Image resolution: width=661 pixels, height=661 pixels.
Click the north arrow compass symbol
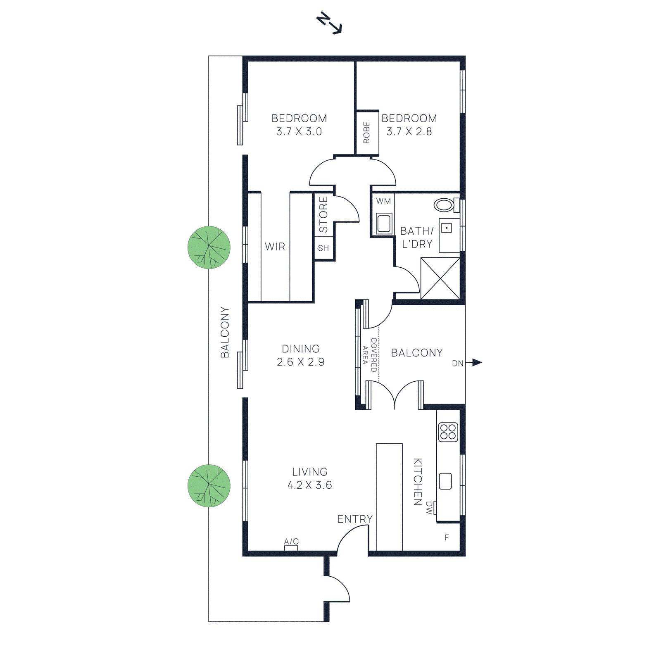[x=329, y=24]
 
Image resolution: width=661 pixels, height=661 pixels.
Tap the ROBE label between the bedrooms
[x=366, y=132]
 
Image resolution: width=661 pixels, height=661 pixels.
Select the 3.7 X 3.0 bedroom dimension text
[x=299, y=132]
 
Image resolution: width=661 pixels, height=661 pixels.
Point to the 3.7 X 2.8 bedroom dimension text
[x=409, y=132]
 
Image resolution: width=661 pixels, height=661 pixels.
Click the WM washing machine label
[x=383, y=201]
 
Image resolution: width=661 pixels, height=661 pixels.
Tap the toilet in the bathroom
[x=445, y=204]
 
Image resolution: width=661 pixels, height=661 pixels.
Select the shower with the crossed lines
[x=440, y=278]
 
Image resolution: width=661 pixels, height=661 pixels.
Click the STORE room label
[x=323, y=214]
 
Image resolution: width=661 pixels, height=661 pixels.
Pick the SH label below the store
[x=323, y=248]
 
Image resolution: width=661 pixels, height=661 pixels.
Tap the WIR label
[x=275, y=247]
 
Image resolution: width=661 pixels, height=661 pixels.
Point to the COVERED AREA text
[x=370, y=355]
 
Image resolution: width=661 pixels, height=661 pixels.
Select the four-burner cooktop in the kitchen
[x=448, y=432]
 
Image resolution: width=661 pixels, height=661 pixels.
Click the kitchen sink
[x=445, y=481]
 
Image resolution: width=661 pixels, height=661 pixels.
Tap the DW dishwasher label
[x=429, y=508]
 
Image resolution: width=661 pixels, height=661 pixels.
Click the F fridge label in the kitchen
[x=447, y=537]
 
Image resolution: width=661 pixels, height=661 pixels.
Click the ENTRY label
[x=355, y=519]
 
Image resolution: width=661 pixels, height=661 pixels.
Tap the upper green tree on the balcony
[x=209, y=247]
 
